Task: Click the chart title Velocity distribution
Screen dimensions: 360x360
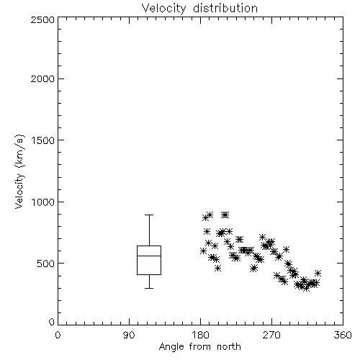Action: (x=199, y=8)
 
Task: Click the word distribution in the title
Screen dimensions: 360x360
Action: (x=225, y=8)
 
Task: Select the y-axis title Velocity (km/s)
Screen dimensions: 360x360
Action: (x=19, y=171)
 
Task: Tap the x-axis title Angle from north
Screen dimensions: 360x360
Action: (x=199, y=347)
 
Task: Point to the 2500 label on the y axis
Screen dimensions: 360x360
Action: (x=42, y=19)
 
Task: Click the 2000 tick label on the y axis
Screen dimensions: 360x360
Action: (x=42, y=78)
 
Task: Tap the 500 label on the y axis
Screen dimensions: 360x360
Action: (x=46, y=264)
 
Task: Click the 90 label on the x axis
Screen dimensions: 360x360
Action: (x=129, y=335)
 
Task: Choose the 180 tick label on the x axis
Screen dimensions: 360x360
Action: (x=200, y=335)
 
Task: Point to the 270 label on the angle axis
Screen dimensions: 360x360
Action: (x=271, y=335)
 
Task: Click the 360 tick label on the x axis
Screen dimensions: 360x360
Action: (x=343, y=335)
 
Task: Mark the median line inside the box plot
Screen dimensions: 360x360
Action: (x=149, y=256)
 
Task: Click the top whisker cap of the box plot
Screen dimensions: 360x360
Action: (x=149, y=215)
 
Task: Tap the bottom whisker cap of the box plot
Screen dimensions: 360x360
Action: (x=149, y=288)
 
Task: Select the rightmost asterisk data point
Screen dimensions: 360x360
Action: (x=318, y=273)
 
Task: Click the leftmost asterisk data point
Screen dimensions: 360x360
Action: (x=203, y=251)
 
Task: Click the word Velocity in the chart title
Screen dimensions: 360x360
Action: (x=164, y=9)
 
